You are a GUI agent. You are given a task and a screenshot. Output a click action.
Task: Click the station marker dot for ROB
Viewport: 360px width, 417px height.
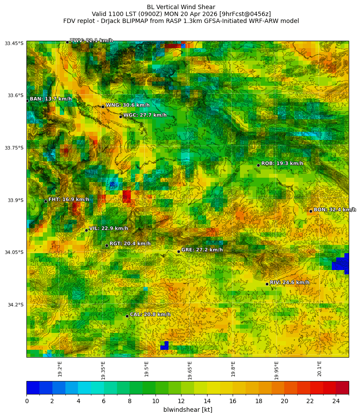tap(258, 165)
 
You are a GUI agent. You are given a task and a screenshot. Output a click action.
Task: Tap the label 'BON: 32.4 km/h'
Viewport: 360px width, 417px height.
tap(334, 210)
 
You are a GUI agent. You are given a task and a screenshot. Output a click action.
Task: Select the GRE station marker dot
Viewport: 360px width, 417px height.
tap(178, 251)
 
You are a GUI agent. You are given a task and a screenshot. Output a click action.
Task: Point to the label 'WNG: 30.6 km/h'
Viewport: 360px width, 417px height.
tap(128, 105)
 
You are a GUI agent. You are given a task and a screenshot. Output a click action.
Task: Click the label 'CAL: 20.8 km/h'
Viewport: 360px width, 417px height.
tap(150, 315)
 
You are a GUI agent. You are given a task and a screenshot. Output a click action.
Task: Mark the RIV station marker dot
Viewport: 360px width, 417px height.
tap(267, 284)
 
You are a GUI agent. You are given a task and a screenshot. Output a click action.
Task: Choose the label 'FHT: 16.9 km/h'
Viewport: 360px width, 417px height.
tap(69, 200)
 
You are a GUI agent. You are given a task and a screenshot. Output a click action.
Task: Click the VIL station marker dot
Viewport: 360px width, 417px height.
tap(86, 230)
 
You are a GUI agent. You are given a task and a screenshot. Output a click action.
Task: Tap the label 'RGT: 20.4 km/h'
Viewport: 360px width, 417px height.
tap(130, 244)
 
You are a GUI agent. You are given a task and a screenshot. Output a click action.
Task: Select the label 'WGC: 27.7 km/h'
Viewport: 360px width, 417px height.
tap(145, 115)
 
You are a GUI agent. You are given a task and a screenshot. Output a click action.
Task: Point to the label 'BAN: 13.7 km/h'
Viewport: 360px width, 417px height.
tap(51, 99)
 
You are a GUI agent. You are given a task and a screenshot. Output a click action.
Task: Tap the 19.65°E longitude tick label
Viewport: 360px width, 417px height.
tap(190, 370)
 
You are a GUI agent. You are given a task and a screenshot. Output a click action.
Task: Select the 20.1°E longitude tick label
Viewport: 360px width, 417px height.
tap(320, 369)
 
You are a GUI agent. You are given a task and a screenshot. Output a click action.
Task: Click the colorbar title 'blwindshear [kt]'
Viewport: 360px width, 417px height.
tap(188, 410)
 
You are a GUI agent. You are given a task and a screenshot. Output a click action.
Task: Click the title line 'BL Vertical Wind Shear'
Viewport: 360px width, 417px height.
tap(181, 7)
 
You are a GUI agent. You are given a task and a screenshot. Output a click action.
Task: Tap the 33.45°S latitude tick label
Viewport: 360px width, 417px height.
tap(14, 43)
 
